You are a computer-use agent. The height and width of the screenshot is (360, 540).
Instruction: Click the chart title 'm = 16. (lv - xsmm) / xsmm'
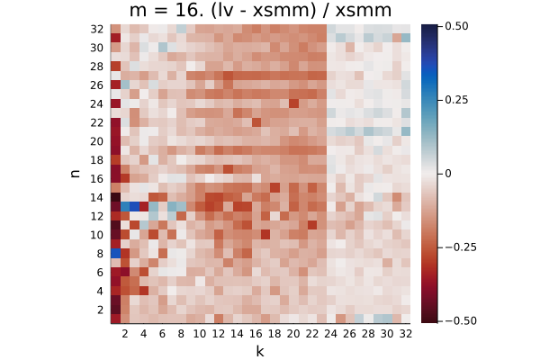tap(260, 10)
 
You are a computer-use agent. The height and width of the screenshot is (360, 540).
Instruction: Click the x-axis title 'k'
tap(260, 351)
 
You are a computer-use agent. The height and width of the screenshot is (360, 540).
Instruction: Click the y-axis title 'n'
tap(75, 174)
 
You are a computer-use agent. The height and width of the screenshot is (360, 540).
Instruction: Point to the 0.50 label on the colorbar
tap(456, 26)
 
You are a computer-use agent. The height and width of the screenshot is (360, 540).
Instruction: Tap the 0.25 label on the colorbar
tap(456, 100)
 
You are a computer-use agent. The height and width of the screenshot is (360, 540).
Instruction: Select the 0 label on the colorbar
tap(447, 174)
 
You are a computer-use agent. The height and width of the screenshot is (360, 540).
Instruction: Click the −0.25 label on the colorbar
tap(461, 247)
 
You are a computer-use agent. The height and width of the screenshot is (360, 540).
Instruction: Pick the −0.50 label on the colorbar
tap(461, 321)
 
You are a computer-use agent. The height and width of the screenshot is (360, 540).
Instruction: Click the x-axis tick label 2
tap(125, 334)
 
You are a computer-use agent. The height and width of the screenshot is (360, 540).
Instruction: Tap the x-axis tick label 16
tap(256, 334)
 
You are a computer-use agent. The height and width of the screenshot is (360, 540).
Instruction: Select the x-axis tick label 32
tap(406, 334)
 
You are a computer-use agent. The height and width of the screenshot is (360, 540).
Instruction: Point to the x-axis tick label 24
tap(330, 334)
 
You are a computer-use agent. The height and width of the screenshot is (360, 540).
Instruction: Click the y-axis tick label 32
tap(97, 30)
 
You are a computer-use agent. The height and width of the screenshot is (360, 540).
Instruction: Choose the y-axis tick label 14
tap(97, 198)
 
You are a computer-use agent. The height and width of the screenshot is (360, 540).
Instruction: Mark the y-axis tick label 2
tap(100, 310)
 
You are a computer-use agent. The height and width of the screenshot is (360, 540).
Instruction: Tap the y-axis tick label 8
tap(100, 254)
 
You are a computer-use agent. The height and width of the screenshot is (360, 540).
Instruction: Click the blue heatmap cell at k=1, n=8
tap(116, 254)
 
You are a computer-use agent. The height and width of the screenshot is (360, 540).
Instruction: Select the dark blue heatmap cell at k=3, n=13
tap(134, 207)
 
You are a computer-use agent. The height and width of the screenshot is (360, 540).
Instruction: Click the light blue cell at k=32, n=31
tap(406, 38)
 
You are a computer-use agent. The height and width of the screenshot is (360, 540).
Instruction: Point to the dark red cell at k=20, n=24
tap(293, 103)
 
